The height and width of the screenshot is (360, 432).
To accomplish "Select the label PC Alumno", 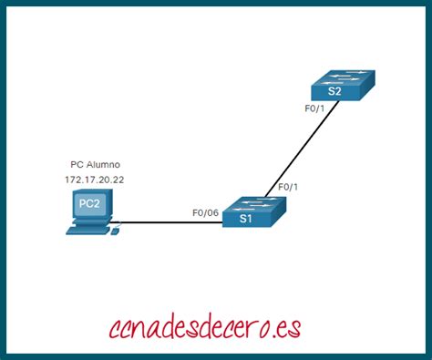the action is coord(95,165).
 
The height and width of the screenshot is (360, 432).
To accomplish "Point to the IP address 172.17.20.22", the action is coord(94,180).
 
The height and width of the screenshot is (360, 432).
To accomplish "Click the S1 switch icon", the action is coord(249,212).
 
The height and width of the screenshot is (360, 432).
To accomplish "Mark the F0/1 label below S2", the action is coord(315,108).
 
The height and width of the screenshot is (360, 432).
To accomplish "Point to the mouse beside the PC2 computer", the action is coord(115,233).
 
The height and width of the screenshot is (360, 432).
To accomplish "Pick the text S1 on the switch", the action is coord(246,219).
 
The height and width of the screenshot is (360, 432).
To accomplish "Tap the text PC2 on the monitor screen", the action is coord(89,204).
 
